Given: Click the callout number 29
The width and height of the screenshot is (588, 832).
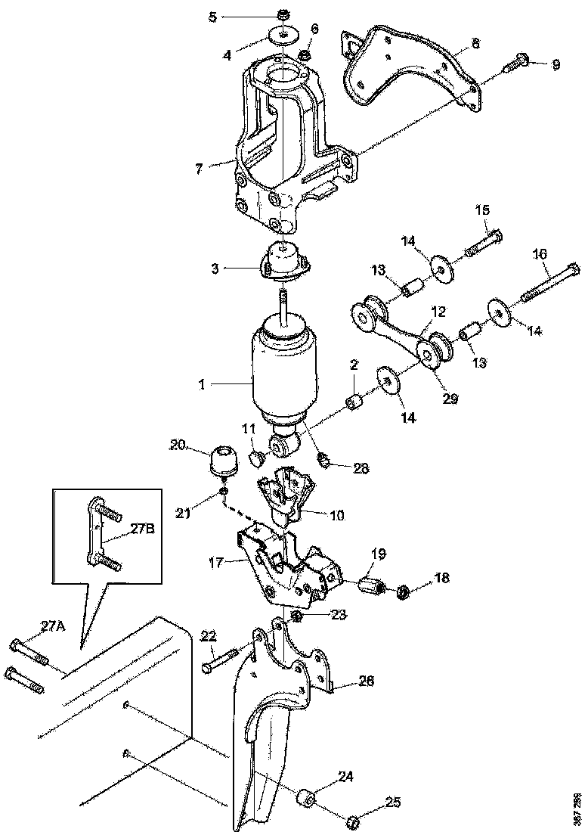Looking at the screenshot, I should coord(450,399).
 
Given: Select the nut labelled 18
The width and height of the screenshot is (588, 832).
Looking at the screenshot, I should coord(404,589).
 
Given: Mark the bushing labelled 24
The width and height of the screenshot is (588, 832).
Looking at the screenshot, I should coord(307,797).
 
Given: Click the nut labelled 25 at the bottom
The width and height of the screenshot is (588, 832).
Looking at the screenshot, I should coord(352,819).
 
